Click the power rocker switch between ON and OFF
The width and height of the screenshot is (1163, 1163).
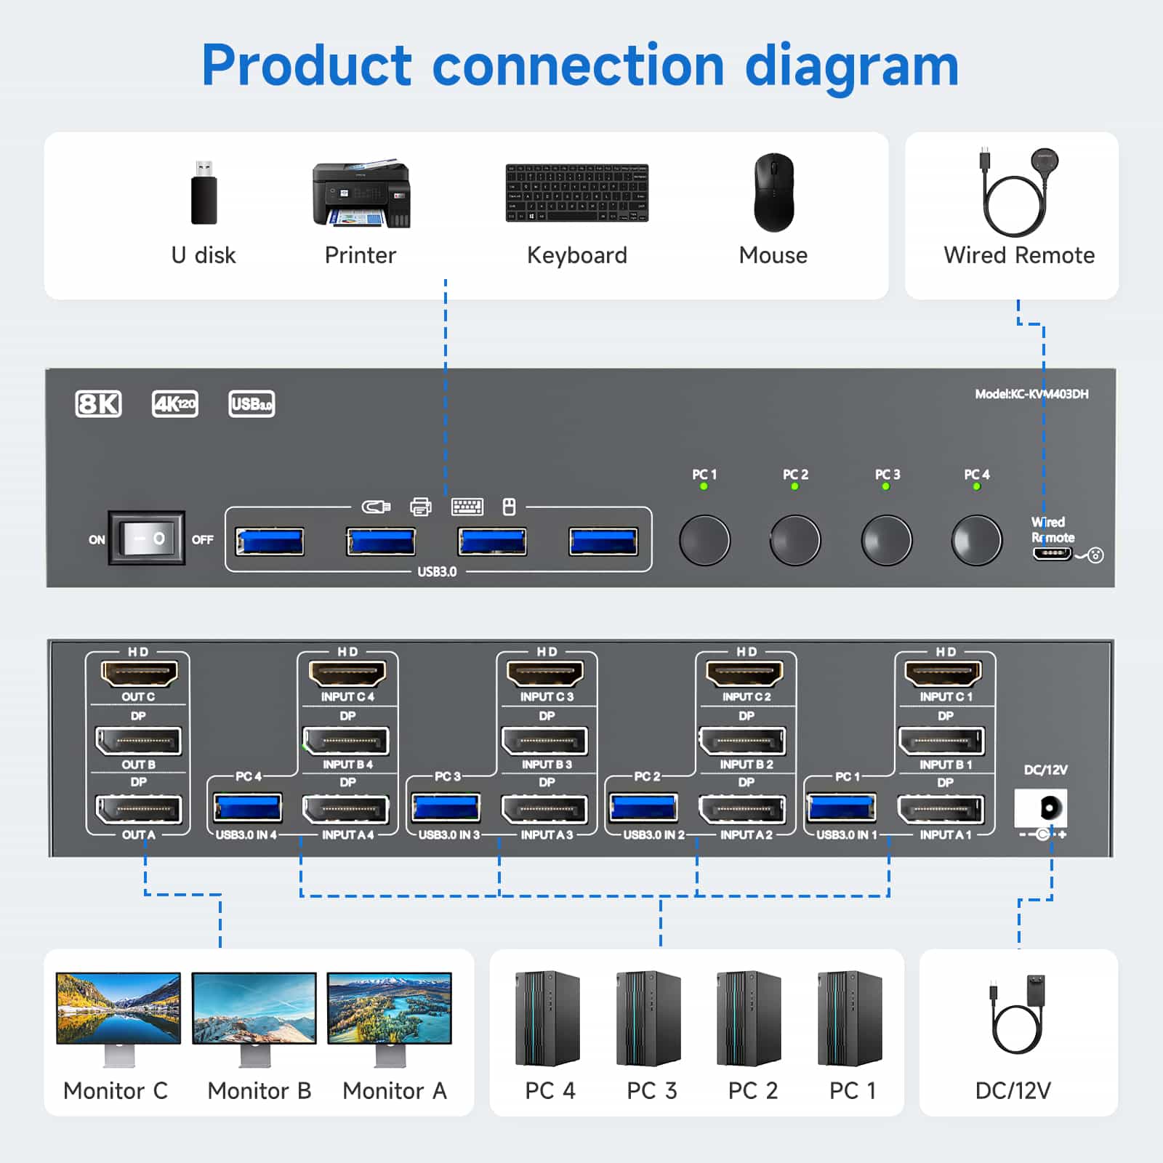[146, 539]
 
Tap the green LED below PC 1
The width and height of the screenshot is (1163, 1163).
[704, 486]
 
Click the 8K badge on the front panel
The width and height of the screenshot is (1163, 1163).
[98, 403]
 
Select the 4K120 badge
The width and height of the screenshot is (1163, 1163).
[174, 403]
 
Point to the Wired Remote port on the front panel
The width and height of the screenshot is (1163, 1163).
[1052, 554]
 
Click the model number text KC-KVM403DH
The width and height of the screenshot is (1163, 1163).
[1031, 394]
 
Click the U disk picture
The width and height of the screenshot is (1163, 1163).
[204, 193]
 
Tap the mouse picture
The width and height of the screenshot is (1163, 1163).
[773, 192]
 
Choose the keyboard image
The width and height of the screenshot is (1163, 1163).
[576, 193]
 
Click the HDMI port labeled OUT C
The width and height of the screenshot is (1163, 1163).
[138, 674]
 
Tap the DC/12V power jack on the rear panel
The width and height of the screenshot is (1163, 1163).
[1042, 808]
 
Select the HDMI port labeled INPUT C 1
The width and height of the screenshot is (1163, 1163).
[943, 674]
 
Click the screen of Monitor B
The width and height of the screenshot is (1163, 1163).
[254, 1008]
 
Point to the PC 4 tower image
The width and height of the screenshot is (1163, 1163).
[547, 1018]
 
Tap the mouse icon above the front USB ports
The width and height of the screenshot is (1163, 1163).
[509, 507]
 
